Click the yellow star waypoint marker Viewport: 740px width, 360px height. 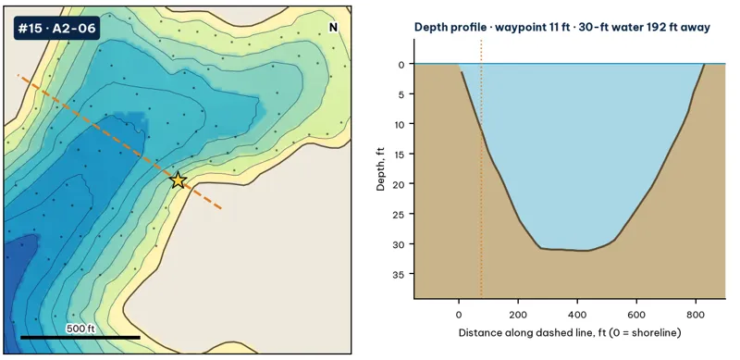178,180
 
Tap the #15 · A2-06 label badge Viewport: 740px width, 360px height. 56,29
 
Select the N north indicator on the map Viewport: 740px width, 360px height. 333,28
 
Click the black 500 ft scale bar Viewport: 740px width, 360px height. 80,337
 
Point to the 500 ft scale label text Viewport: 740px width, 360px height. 80,329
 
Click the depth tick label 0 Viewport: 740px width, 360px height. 401,64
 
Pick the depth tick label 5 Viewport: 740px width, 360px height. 402,94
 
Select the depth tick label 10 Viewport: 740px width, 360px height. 400,124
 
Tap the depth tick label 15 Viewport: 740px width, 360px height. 400,154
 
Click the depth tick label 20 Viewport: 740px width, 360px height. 400,184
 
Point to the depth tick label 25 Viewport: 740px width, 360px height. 400,214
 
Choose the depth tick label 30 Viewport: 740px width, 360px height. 400,243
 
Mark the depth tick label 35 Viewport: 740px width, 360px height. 400,274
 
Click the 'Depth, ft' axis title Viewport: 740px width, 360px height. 380,169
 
